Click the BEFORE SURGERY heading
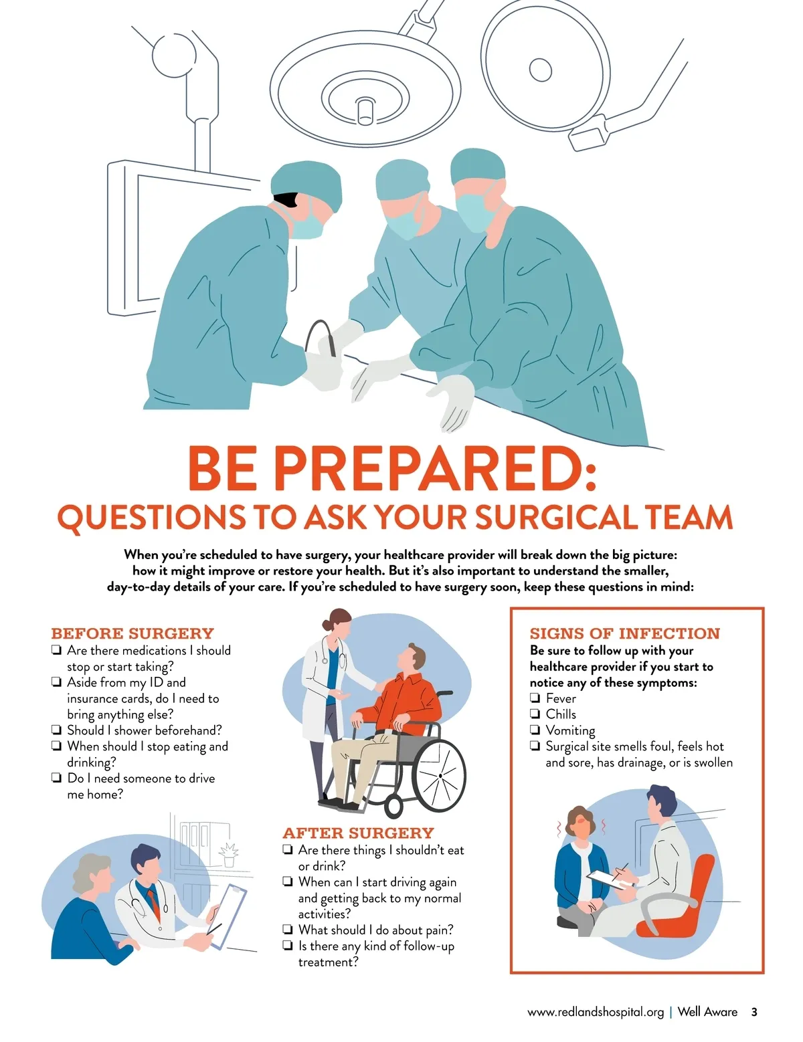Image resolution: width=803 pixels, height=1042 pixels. pyautogui.click(x=132, y=633)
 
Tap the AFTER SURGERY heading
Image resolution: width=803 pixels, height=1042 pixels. pyautogui.click(x=358, y=833)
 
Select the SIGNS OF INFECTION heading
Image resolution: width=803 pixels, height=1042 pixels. pyautogui.click(x=624, y=633)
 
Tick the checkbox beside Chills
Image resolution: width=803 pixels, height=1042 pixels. pyautogui.click(x=535, y=714)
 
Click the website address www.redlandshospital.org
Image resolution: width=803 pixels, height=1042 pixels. pyautogui.click(x=596, y=1012)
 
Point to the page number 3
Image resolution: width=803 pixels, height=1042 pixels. pyautogui.click(x=754, y=1012)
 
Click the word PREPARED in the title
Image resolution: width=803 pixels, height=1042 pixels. pyautogui.click(x=434, y=469)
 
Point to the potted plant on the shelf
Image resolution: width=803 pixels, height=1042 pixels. pyautogui.click(x=228, y=854)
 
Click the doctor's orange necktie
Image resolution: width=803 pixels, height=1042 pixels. pyautogui.click(x=153, y=904)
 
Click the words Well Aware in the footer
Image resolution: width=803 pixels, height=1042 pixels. pyautogui.click(x=707, y=1012)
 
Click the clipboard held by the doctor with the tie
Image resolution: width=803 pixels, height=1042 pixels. pyautogui.click(x=229, y=916)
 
